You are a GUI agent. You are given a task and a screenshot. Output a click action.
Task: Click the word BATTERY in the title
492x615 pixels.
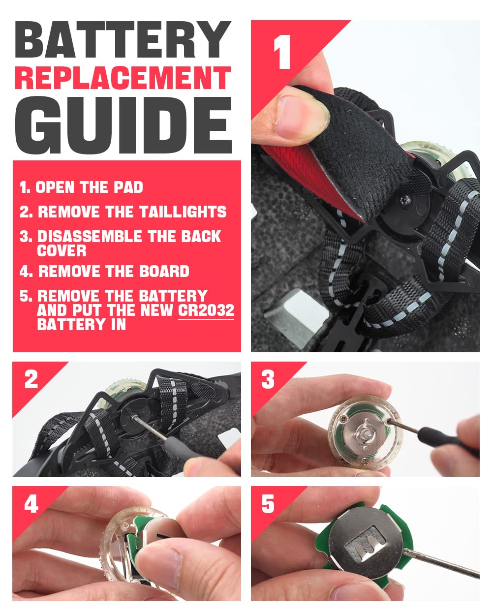tap(123, 39)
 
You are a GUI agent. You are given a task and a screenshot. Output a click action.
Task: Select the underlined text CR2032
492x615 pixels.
tap(206, 310)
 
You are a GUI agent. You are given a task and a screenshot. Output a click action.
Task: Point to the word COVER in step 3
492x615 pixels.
tap(61, 250)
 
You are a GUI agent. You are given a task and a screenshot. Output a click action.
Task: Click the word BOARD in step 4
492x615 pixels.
tap(164, 271)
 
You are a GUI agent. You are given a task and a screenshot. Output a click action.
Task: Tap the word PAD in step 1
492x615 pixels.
tap(128, 187)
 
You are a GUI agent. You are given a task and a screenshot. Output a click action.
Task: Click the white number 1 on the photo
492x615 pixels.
tap(282, 52)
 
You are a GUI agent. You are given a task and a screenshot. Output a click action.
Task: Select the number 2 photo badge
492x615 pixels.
tap(31, 380)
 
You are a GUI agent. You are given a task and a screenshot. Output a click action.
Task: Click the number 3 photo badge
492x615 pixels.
tap(268, 380)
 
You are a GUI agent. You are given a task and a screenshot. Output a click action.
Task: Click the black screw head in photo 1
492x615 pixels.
tap(405, 200)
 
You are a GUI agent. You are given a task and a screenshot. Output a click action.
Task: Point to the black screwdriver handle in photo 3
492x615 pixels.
tap(446, 442)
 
